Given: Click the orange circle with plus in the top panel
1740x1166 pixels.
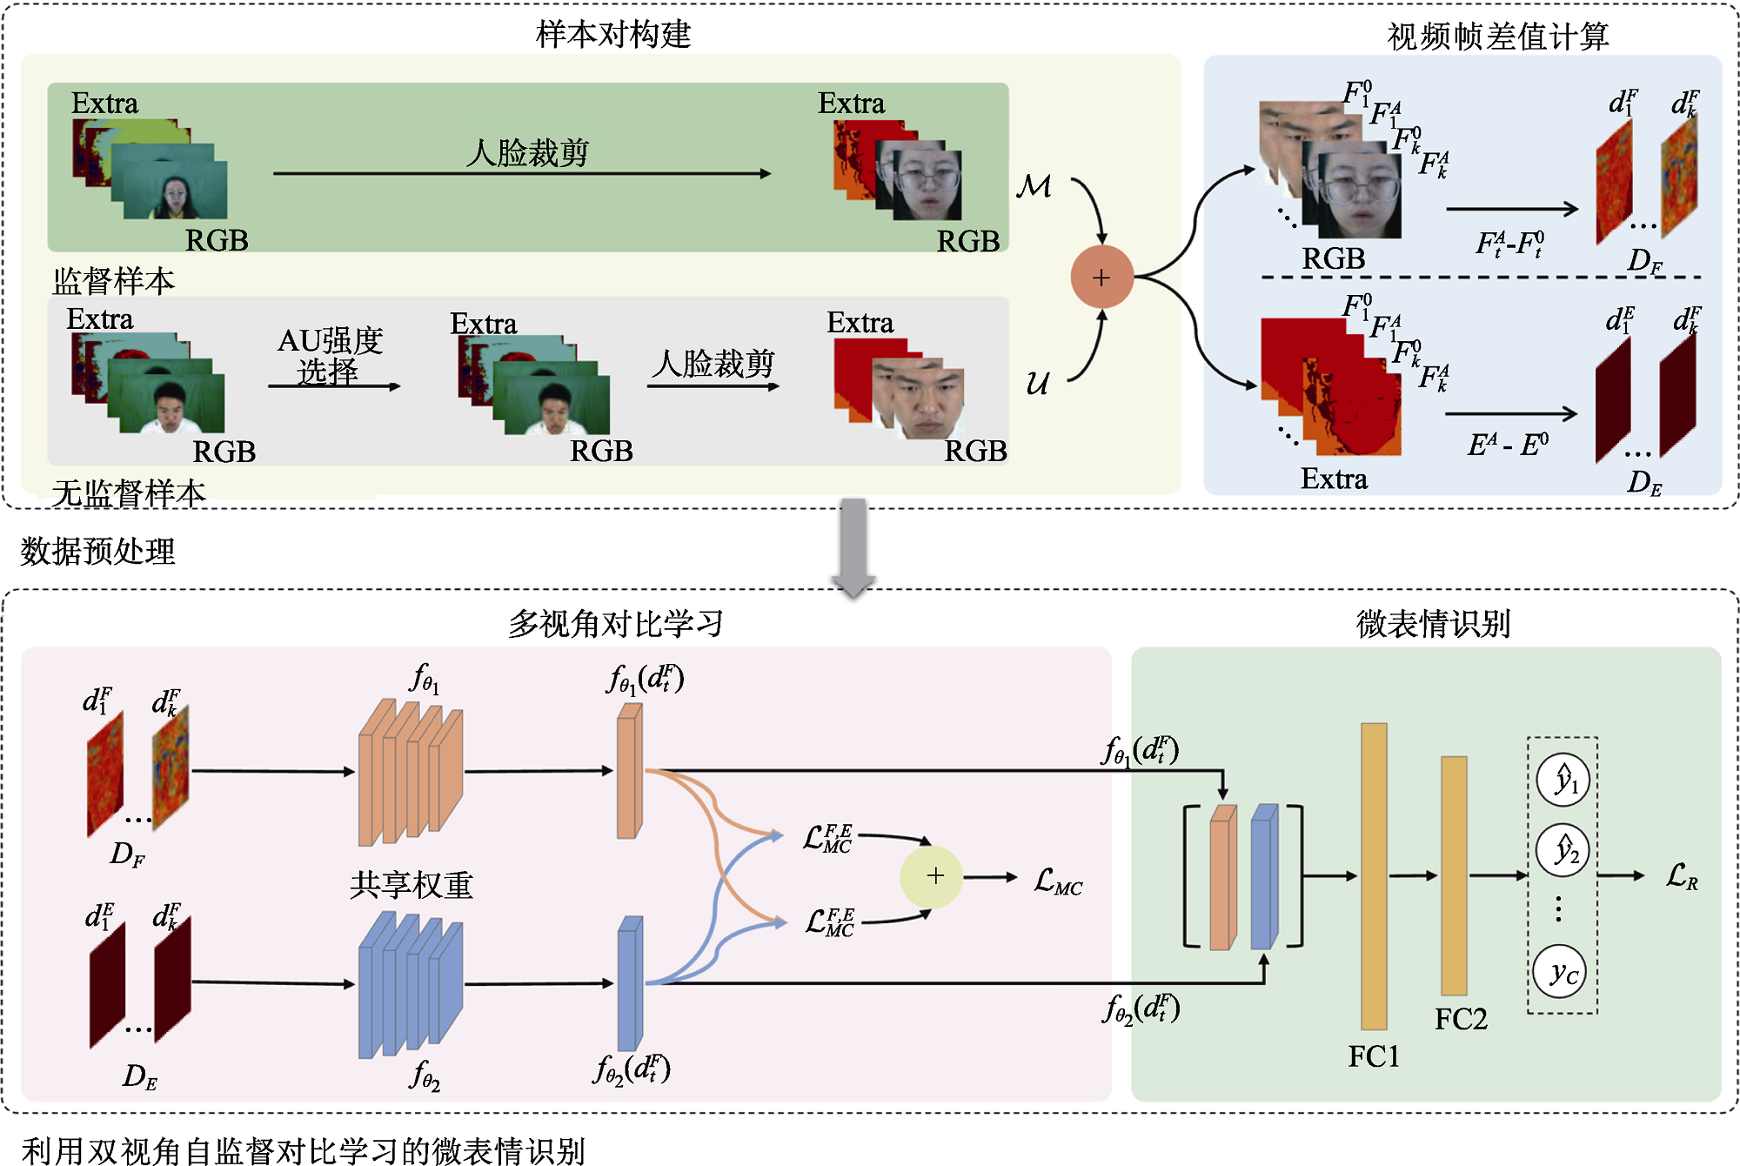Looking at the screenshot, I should pos(1101,277).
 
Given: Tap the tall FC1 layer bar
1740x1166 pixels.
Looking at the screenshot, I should pos(1374,875).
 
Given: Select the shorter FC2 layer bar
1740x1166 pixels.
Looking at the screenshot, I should pos(1454,875).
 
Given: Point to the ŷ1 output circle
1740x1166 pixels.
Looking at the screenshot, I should pos(1563,780).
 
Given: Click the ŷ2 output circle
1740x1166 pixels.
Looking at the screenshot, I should pos(1563,850).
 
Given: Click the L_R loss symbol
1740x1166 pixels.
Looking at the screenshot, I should pos(1682,876).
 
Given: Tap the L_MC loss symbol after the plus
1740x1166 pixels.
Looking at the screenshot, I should pos(1058,881).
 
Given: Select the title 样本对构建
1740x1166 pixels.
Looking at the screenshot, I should pos(613,35).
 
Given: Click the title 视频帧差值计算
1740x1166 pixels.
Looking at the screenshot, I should pos(1497,37).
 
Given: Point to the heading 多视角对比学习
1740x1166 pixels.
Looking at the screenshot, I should pos(615,623).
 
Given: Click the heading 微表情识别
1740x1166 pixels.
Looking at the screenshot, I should pos(1433,623).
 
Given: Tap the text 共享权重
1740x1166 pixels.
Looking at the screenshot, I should pos(411,885).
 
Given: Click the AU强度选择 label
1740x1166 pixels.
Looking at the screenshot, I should pos(330,355).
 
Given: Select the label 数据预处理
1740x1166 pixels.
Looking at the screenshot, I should pos(97,551).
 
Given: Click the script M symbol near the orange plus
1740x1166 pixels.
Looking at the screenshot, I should pos(1034,185).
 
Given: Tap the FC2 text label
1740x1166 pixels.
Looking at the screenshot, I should pos(1461,1019).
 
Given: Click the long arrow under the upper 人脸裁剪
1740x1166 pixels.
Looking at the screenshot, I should pos(522,174).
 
